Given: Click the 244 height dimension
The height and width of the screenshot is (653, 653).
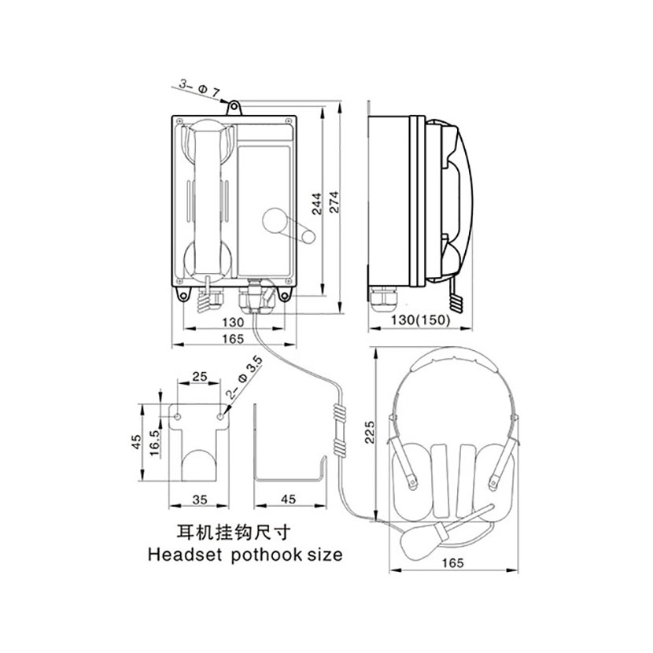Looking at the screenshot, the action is click(317, 204).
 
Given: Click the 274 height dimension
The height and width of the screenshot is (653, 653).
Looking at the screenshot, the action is click(334, 202).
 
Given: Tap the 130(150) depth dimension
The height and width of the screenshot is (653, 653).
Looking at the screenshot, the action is click(421, 320).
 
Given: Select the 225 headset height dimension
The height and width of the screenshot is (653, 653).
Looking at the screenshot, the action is click(370, 432).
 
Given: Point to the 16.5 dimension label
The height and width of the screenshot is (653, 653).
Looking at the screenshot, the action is click(154, 443).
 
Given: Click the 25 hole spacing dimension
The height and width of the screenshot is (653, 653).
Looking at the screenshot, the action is click(200, 377).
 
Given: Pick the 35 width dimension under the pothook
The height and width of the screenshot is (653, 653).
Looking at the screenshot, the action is click(200, 500).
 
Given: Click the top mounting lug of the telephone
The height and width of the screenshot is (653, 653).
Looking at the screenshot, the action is click(234, 108).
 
